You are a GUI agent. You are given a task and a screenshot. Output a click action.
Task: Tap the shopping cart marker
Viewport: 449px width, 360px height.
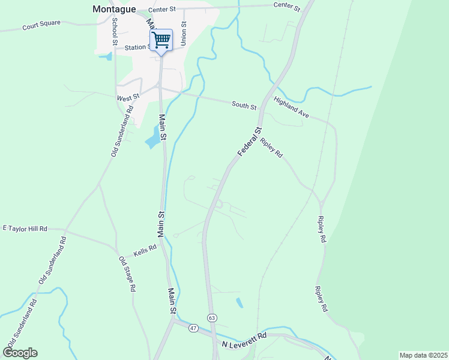(161, 40)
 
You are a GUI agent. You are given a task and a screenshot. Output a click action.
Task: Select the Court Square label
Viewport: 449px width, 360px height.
(41, 27)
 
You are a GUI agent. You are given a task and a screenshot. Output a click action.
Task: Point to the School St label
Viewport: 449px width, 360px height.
(114, 31)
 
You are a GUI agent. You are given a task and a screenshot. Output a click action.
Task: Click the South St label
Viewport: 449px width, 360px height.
(244, 105)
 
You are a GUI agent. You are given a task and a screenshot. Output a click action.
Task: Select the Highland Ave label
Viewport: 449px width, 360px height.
(291, 107)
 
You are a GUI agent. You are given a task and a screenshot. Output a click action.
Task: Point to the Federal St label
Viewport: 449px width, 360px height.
(250, 142)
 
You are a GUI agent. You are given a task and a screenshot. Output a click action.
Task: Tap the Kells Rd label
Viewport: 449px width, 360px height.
(145, 250)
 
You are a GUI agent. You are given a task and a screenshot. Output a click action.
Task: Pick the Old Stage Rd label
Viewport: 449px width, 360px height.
(127, 274)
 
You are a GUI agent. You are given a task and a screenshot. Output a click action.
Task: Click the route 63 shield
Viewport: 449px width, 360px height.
(212, 317)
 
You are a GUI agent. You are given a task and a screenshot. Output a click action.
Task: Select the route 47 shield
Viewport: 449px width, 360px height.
(193, 328)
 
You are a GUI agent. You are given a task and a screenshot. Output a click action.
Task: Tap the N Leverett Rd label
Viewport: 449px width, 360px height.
(244, 340)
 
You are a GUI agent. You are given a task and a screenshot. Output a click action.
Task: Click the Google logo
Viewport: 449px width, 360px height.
(20, 353)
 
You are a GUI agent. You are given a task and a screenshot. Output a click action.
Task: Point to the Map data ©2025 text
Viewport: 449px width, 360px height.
(423, 355)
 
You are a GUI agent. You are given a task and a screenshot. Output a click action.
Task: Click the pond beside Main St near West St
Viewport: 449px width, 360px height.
(154, 137)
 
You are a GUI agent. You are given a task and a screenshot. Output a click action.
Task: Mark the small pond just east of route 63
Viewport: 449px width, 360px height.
(240, 302)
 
